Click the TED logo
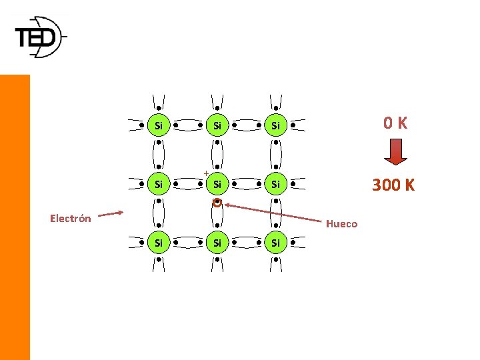tap(40, 37)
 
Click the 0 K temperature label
tap(395, 123)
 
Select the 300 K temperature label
tap(393, 185)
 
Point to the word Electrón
tap(71, 218)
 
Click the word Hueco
tap(341, 224)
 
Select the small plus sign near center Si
tap(206, 173)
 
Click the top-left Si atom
tap(158, 125)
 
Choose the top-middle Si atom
tap(217, 125)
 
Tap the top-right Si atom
tap(275, 125)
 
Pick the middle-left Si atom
tap(158, 183)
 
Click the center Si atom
tap(217, 183)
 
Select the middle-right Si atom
tap(275, 183)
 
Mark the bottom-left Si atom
tap(158, 243)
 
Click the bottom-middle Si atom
tap(217, 243)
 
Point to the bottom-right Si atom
tap(275, 243)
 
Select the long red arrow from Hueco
tap(273, 212)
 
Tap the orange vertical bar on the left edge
tap(15, 217)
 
